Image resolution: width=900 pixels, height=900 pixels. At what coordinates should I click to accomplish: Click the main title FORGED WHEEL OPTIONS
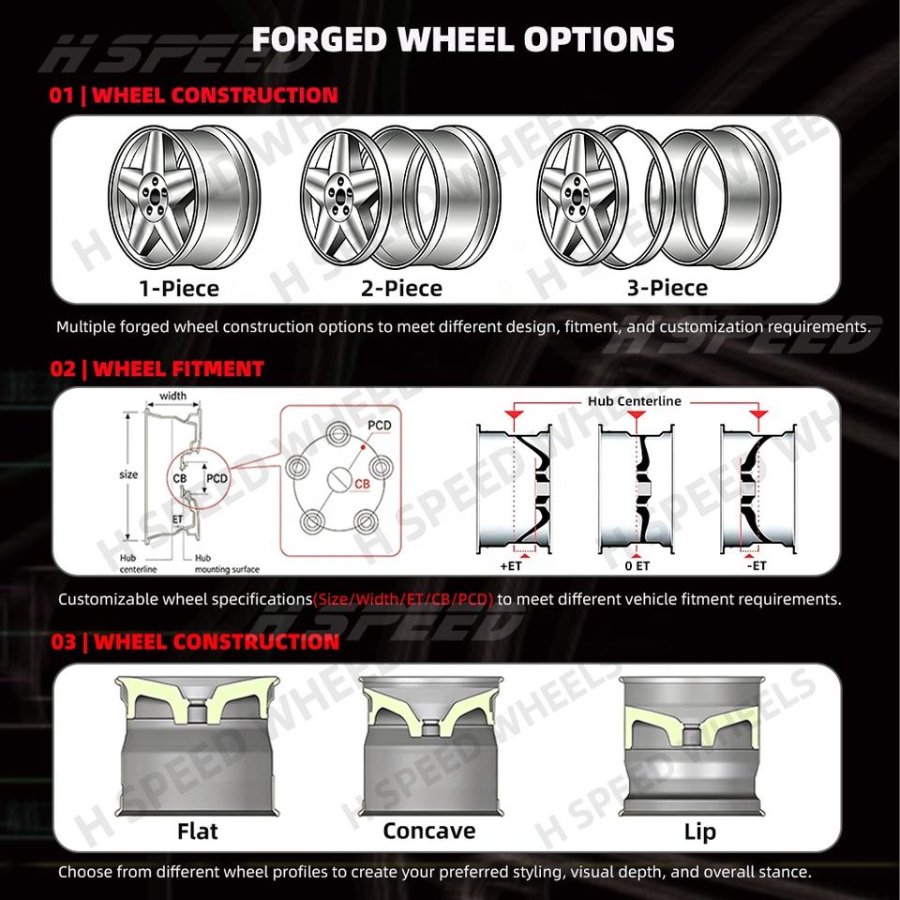pyautogui.click(x=462, y=39)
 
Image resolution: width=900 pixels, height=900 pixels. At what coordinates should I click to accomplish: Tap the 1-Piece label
pyautogui.click(x=179, y=288)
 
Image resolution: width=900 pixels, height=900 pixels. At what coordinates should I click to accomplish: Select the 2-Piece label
pyautogui.click(x=402, y=288)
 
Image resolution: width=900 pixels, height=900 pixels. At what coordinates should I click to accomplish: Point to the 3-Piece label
pyautogui.click(x=667, y=288)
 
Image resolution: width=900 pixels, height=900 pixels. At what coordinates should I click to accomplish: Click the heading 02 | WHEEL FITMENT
pyautogui.click(x=157, y=368)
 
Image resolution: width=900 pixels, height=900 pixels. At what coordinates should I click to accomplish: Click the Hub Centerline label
pyautogui.click(x=635, y=401)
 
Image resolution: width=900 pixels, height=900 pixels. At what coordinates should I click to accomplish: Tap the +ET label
pyautogui.click(x=511, y=566)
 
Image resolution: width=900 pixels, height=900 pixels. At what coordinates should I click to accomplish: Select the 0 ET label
pyautogui.click(x=637, y=566)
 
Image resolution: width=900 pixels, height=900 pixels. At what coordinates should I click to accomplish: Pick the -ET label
pyautogui.click(x=757, y=566)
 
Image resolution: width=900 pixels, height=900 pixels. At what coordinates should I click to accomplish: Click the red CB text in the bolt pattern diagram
pyautogui.click(x=362, y=485)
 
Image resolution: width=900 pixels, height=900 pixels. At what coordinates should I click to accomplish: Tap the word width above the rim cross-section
pyautogui.click(x=172, y=396)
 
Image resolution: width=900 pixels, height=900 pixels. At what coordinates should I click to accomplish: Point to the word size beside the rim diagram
pyautogui.click(x=128, y=474)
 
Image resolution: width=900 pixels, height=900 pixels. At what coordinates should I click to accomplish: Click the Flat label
pyautogui.click(x=198, y=832)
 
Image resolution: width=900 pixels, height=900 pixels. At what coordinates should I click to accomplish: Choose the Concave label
pyautogui.click(x=429, y=831)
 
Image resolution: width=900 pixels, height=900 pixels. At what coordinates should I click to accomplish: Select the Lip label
pyautogui.click(x=700, y=832)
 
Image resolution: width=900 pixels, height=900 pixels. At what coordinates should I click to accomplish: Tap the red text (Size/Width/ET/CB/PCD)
pyautogui.click(x=403, y=599)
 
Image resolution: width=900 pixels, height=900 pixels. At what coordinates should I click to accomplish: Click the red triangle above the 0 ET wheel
pyautogui.click(x=636, y=414)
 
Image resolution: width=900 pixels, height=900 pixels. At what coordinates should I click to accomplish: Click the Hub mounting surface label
pyautogui.click(x=227, y=563)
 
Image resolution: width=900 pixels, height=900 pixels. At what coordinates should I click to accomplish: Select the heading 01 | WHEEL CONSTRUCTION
pyautogui.click(x=193, y=96)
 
